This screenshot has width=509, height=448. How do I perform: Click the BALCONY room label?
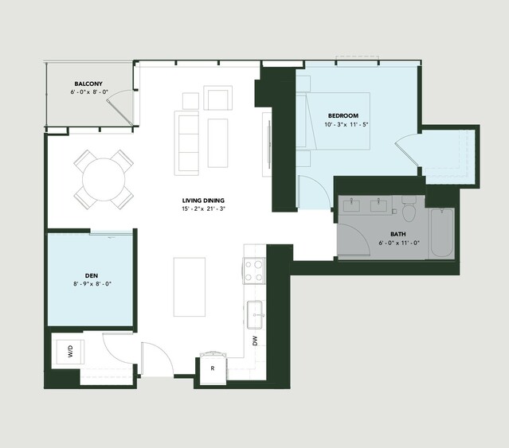click(x=88, y=84)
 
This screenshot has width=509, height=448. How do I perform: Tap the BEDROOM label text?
click(x=343, y=115)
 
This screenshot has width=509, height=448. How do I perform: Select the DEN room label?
click(x=92, y=276)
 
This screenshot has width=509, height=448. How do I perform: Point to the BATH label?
click(x=398, y=234)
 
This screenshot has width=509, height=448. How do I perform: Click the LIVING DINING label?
click(x=203, y=201)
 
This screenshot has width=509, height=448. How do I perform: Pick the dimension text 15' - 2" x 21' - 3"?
click(x=204, y=208)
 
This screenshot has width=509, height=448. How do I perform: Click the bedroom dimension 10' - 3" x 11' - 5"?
click(x=347, y=124)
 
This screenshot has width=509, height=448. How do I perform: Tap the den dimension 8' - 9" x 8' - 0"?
click(x=92, y=284)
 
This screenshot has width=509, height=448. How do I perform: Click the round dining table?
click(x=104, y=180)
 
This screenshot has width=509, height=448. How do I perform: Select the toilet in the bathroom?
click(x=409, y=208)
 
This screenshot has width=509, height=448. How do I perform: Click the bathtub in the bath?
click(x=442, y=232)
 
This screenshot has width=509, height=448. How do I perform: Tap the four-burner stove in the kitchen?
click(x=254, y=271)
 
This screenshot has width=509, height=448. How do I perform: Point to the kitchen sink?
click(x=255, y=314)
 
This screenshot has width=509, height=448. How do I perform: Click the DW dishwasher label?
click(x=255, y=341)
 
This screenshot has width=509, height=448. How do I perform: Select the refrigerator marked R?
click(x=213, y=368)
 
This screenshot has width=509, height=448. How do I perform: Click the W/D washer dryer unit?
click(x=70, y=352)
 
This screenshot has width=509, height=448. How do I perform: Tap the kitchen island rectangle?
click(x=190, y=287)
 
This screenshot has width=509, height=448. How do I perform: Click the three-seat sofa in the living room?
click(x=186, y=143)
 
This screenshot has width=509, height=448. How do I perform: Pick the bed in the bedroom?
click(x=334, y=121)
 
